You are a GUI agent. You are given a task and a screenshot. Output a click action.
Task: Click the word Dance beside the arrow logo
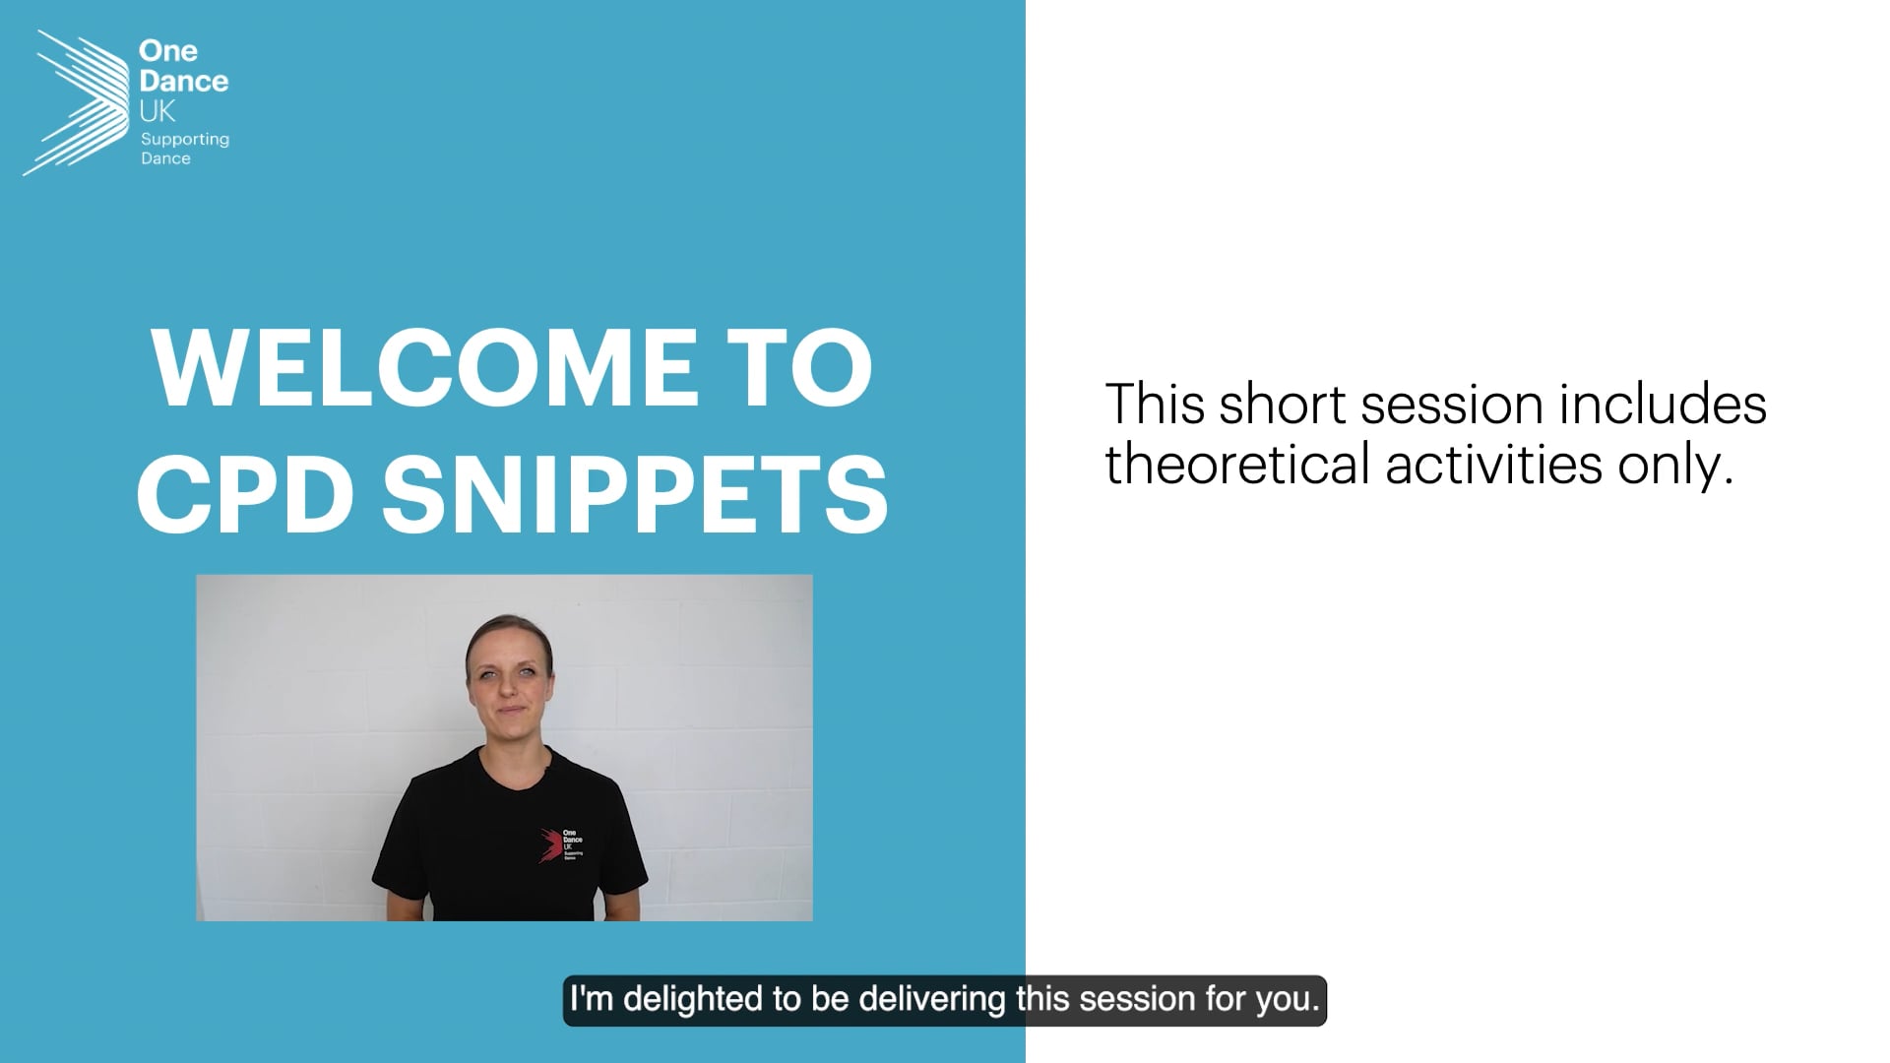coord(184,81)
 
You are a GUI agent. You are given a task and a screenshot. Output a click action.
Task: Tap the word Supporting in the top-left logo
coord(185,140)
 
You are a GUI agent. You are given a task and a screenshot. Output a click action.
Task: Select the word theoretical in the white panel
coord(1237,463)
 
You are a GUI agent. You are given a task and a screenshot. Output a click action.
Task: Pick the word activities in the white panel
coord(1493,463)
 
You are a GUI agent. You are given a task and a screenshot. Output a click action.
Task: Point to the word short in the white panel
coord(1282,405)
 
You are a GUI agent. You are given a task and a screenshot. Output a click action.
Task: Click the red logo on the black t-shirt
coord(548,845)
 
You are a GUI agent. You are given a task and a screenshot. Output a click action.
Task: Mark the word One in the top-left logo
coord(168,50)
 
